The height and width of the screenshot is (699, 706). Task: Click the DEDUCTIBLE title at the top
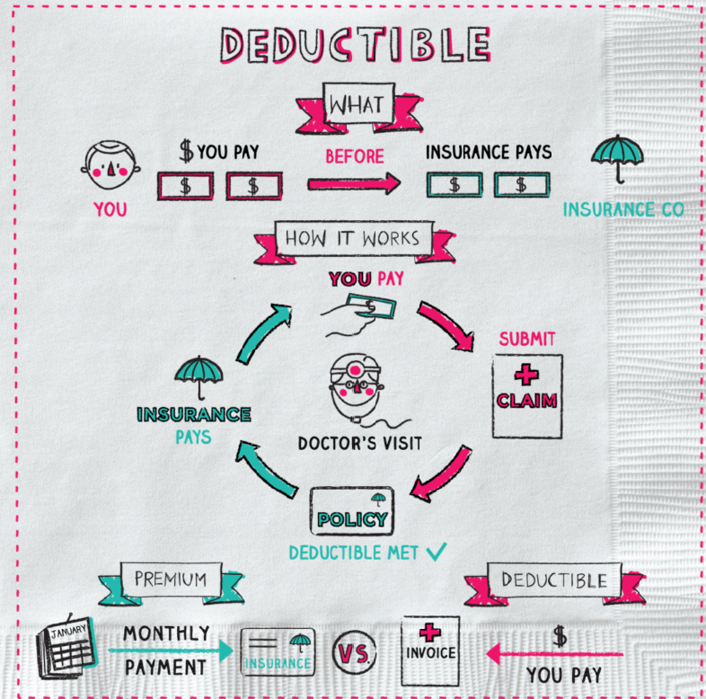coord(356,43)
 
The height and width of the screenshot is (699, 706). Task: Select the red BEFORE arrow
coord(354,184)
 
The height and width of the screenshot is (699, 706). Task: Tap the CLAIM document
coord(527,395)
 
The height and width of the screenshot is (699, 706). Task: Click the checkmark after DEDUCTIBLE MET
coord(437,553)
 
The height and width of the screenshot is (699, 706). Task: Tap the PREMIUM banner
coord(170,580)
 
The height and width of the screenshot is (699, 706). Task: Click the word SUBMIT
coord(527,339)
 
